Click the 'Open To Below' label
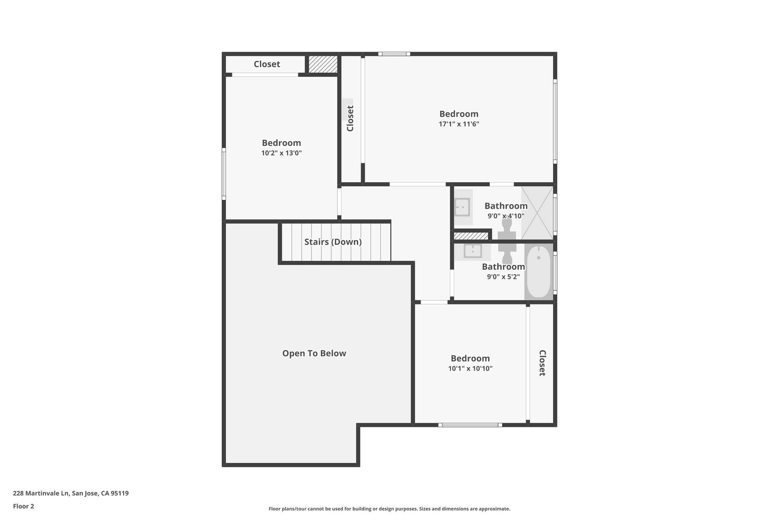pos(314,354)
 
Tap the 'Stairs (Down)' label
pos(333,242)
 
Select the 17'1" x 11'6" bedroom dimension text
pos(459,124)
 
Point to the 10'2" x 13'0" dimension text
pos(281,153)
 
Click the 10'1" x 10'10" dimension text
pos(470,368)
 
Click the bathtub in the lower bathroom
pos(539,271)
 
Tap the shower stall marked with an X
pos(537,213)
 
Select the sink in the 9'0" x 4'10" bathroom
pos(462,207)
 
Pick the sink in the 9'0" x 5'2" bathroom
pos(473,251)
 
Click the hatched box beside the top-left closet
pos(323,64)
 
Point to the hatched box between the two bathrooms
pos(471,236)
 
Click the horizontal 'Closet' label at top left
pos(267,64)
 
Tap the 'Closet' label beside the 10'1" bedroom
pos(542,363)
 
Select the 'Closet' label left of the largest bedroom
pos(350,118)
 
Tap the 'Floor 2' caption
pos(24,506)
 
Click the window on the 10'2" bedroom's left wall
pos(224,174)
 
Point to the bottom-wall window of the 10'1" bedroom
pos(470,425)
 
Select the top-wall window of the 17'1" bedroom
pos(394,54)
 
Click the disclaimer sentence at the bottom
pos(389,509)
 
